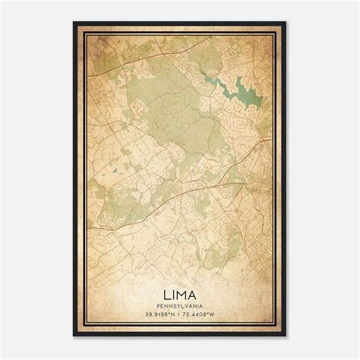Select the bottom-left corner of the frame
pos(74,336)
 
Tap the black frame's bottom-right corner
pos(286,336)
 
